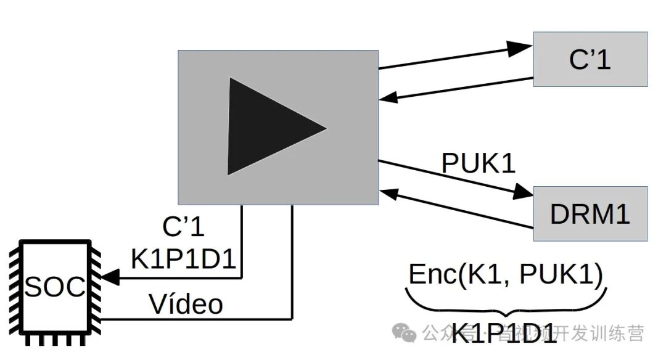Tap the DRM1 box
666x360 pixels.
590,213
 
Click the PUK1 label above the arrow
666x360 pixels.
478,163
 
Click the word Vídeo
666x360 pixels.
186,303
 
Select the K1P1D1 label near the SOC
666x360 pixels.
184,260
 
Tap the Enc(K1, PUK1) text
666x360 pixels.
506,275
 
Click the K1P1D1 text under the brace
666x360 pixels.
505,336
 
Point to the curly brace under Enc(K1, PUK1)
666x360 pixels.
506,302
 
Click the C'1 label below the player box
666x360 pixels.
183,227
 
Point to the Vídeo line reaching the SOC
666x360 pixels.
197,319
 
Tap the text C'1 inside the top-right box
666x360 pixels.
590,60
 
